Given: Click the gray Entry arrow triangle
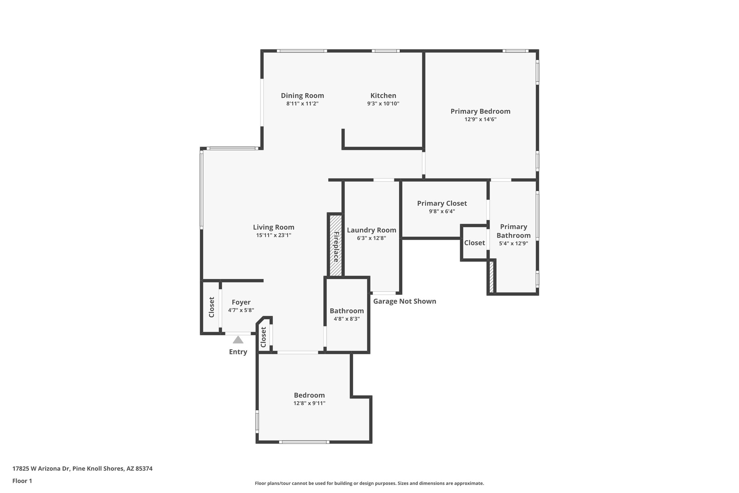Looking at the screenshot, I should (238, 340).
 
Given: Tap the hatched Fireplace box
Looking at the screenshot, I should (336, 246).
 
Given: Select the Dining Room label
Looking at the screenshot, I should (302, 96).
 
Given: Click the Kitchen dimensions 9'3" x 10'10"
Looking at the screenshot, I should (383, 104).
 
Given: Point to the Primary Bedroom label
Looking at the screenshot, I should (480, 111).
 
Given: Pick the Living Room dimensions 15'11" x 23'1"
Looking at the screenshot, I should (274, 235).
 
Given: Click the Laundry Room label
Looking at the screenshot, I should (371, 230).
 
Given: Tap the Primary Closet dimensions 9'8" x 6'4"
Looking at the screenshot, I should (442, 211).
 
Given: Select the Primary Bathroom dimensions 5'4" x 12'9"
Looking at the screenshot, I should (513, 243).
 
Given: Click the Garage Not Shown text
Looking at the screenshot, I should (405, 301).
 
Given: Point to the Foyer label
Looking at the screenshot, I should (241, 302).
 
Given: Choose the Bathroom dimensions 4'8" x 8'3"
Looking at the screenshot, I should (346, 319).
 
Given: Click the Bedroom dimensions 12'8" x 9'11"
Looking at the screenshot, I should (309, 403).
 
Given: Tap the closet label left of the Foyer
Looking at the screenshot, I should (211, 307).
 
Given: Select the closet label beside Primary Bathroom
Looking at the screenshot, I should (474, 243).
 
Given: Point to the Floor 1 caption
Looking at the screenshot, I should (22, 481).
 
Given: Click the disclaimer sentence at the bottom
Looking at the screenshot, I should (369, 483).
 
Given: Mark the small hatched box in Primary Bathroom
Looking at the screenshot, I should (491, 277).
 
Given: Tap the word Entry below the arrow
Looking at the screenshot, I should (238, 352).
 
